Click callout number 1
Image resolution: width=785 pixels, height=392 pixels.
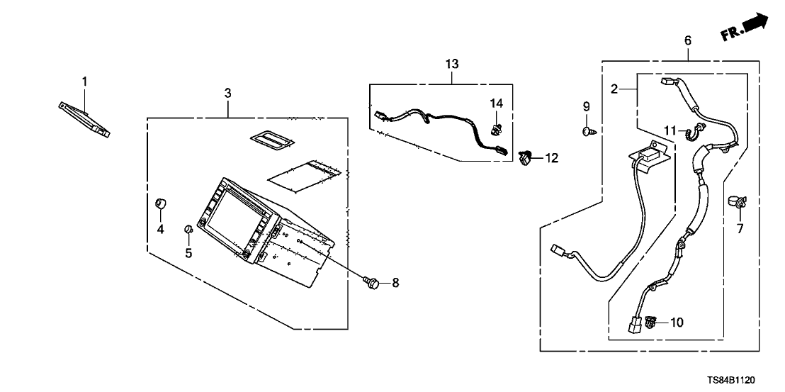click(x=84, y=82)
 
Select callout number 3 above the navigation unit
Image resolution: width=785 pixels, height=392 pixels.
click(x=227, y=93)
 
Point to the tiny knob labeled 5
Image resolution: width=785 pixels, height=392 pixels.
click(x=188, y=229)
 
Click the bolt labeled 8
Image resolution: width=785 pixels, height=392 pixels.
click(x=371, y=283)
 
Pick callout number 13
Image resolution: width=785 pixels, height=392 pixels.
click(x=452, y=64)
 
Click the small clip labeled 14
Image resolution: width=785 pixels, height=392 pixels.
click(x=495, y=128)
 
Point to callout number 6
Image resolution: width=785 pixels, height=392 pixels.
click(x=687, y=40)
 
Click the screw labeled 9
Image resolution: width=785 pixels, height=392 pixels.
click(x=587, y=130)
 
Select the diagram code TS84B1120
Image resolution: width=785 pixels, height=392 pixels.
click(x=741, y=381)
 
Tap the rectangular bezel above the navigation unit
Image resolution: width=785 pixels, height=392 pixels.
click(x=271, y=140)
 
